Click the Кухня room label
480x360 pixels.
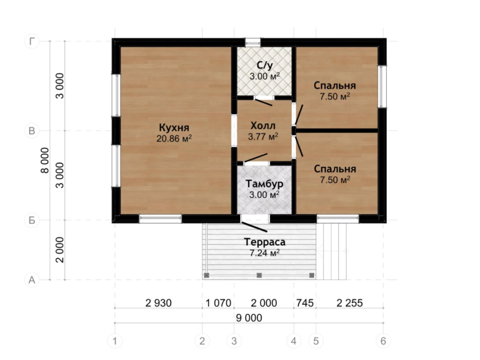[174, 127]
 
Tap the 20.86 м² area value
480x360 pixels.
[174, 138]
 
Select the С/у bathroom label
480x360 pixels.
[265, 65]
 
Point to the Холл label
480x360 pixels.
[263, 126]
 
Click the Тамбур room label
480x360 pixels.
[264, 184]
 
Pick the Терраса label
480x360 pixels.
[265, 242]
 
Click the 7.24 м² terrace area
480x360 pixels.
[265, 253]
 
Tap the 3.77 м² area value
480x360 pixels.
[263, 136]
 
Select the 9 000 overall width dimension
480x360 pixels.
[249, 318]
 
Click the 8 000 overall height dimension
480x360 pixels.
[45, 160]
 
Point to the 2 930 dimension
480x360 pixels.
[158, 303]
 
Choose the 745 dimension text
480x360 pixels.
[305, 303]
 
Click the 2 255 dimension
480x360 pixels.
[349, 303]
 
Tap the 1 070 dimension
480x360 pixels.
[218, 303]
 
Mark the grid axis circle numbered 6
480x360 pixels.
[383, 341]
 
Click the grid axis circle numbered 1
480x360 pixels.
[115, 341]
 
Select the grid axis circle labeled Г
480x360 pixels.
[32, 41]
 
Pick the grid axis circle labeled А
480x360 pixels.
[32, 280]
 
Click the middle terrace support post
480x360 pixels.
[259, 275]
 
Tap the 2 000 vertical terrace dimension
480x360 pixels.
[60, 250]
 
